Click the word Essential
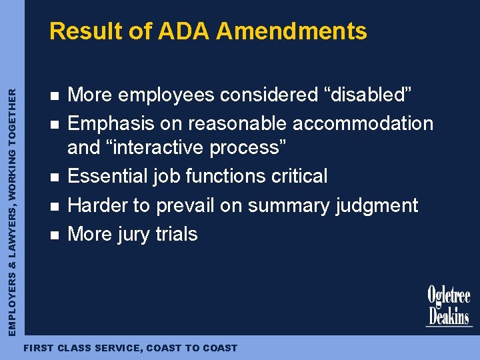109,176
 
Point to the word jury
133,234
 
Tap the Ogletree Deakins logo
449,305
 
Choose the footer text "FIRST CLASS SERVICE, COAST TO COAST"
130,348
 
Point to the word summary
287,205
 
